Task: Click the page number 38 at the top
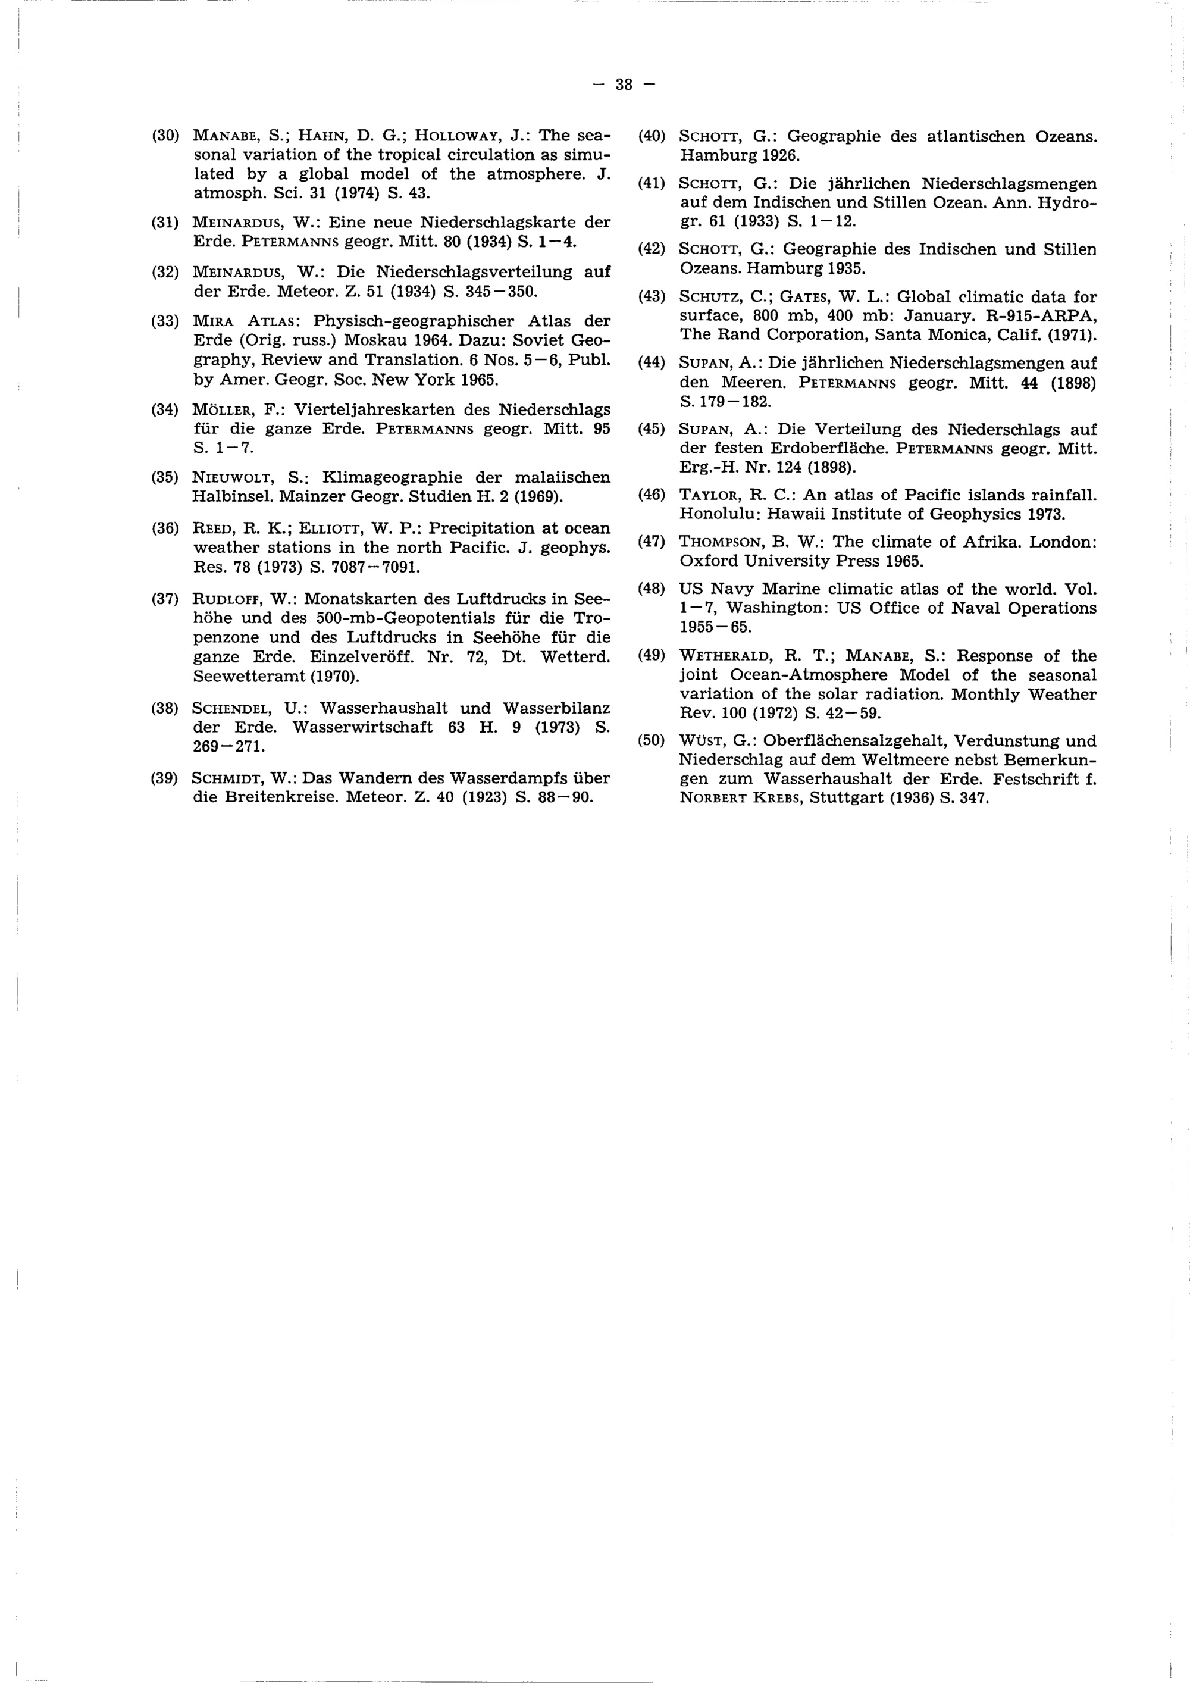pos(624,85)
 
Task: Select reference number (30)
pos(165,136)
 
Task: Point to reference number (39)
pos(165,778)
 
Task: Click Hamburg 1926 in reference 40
pos(740,155)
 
